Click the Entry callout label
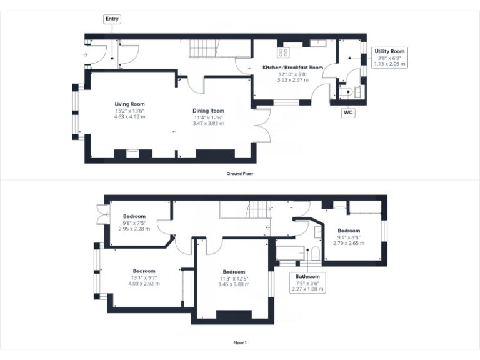point(112,19)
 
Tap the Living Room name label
point(129,104)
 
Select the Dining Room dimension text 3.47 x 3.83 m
point(208,123)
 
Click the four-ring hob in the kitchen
point(282,52)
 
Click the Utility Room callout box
point(390,57)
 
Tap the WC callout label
point(349,113)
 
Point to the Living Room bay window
point(75,112)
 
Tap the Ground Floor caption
point(240,174)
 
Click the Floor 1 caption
point(240,342)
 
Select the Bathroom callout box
point(307,283)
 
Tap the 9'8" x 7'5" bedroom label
point(134,222)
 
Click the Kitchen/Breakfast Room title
point(292,67)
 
